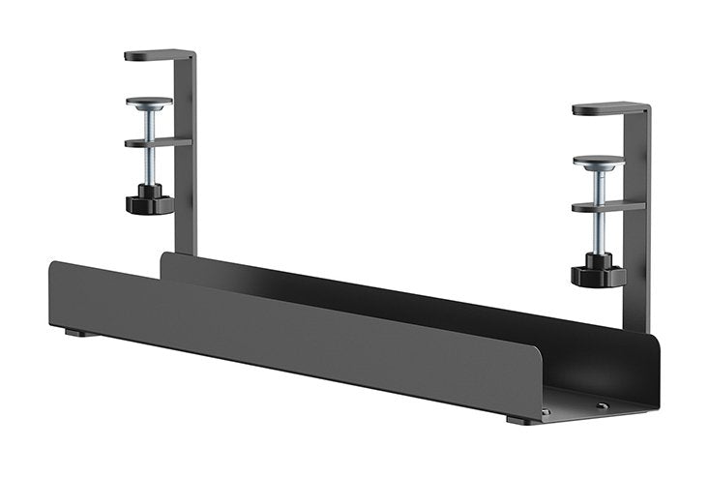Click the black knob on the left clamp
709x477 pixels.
tap(149, 201)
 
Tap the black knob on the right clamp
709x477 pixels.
tap(598, 273)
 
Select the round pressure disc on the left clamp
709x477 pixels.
tap(149, 102)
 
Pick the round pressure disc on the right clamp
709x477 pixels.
tap(598, 162)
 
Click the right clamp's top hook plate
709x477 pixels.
tap(608, 108)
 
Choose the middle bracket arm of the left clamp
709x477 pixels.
tap(157, 143)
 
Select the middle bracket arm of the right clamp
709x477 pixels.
tap(606, 206)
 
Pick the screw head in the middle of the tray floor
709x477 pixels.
tap(602, 405)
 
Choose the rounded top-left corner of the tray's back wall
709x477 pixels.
tap(164, 256)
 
